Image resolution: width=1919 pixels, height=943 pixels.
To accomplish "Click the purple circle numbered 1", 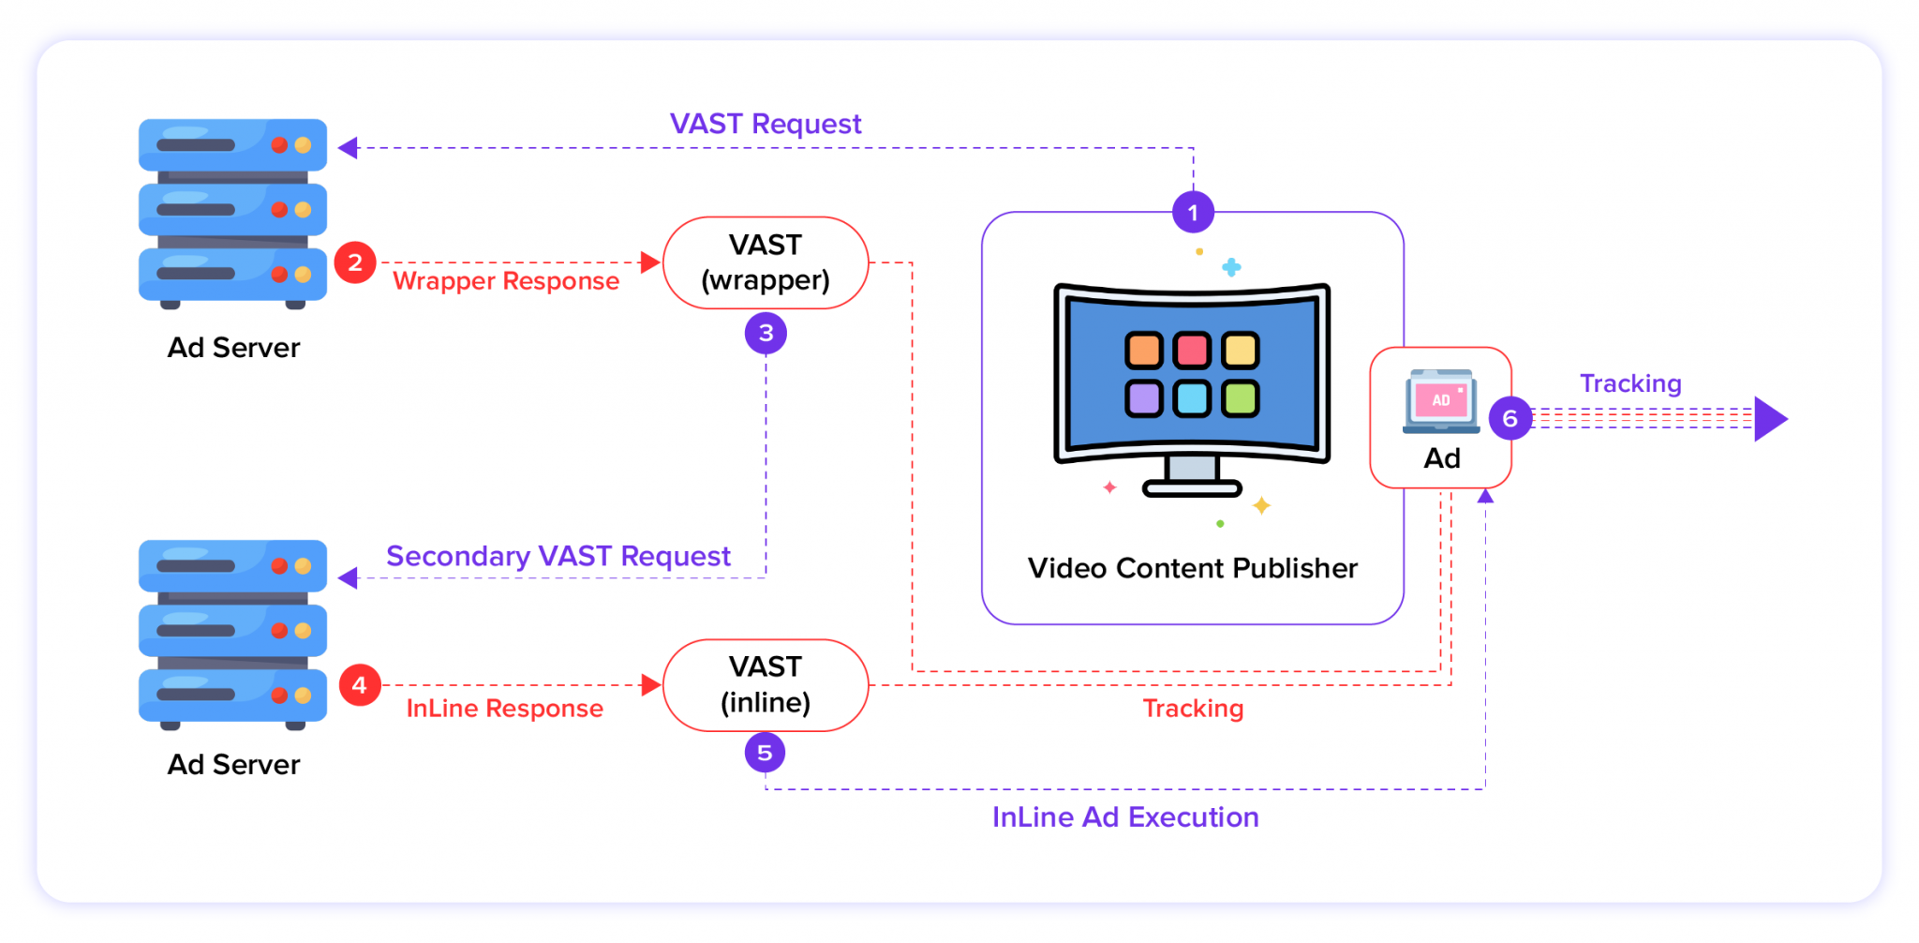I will tap(1193, 213).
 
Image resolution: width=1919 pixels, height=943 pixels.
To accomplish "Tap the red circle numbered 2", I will tap(355, 262).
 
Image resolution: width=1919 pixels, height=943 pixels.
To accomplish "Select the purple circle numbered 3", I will tap(766, 333).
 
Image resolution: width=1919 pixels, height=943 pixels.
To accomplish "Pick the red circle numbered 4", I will tap(359, 685).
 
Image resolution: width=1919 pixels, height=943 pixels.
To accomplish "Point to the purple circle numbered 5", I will tap(765, 752).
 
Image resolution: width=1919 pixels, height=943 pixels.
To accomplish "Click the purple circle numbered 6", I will tap(1510, 418).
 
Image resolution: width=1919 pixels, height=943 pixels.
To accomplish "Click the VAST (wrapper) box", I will tap(766, 262).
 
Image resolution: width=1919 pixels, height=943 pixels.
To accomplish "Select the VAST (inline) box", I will tap(766, 685).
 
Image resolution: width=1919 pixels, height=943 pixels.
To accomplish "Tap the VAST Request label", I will tap(765, 124).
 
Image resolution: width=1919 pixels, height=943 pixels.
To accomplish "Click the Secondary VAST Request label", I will tap(558, 556).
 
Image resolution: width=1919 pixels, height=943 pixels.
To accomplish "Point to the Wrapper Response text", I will tap(506, 281).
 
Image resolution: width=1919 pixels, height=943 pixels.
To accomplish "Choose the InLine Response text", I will tap(504, 709).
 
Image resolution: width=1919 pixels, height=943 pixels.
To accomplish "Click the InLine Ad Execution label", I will tap(1124, 817).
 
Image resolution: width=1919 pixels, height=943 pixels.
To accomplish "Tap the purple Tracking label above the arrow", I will tap(1630, 383).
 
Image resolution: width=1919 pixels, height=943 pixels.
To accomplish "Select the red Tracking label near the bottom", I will tap(1193, 709).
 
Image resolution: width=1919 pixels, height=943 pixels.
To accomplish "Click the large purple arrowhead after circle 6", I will tap(1769, 419).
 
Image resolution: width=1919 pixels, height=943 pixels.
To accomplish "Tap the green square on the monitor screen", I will tap(1241, 398).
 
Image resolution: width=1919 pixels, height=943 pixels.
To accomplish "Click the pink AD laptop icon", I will tap(1441, 401).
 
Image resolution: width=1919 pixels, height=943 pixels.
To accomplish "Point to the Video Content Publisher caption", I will tap(1192, 568).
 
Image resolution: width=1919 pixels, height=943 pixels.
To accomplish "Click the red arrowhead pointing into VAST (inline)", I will tap(650, 685).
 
